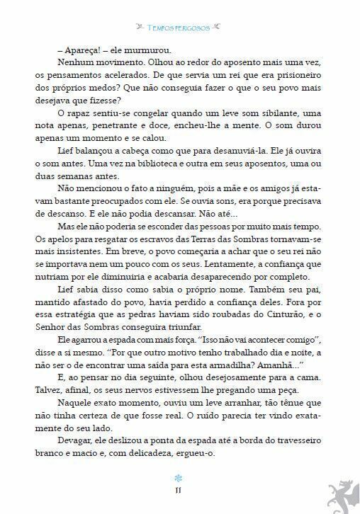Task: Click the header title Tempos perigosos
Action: (x=179, y=28)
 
